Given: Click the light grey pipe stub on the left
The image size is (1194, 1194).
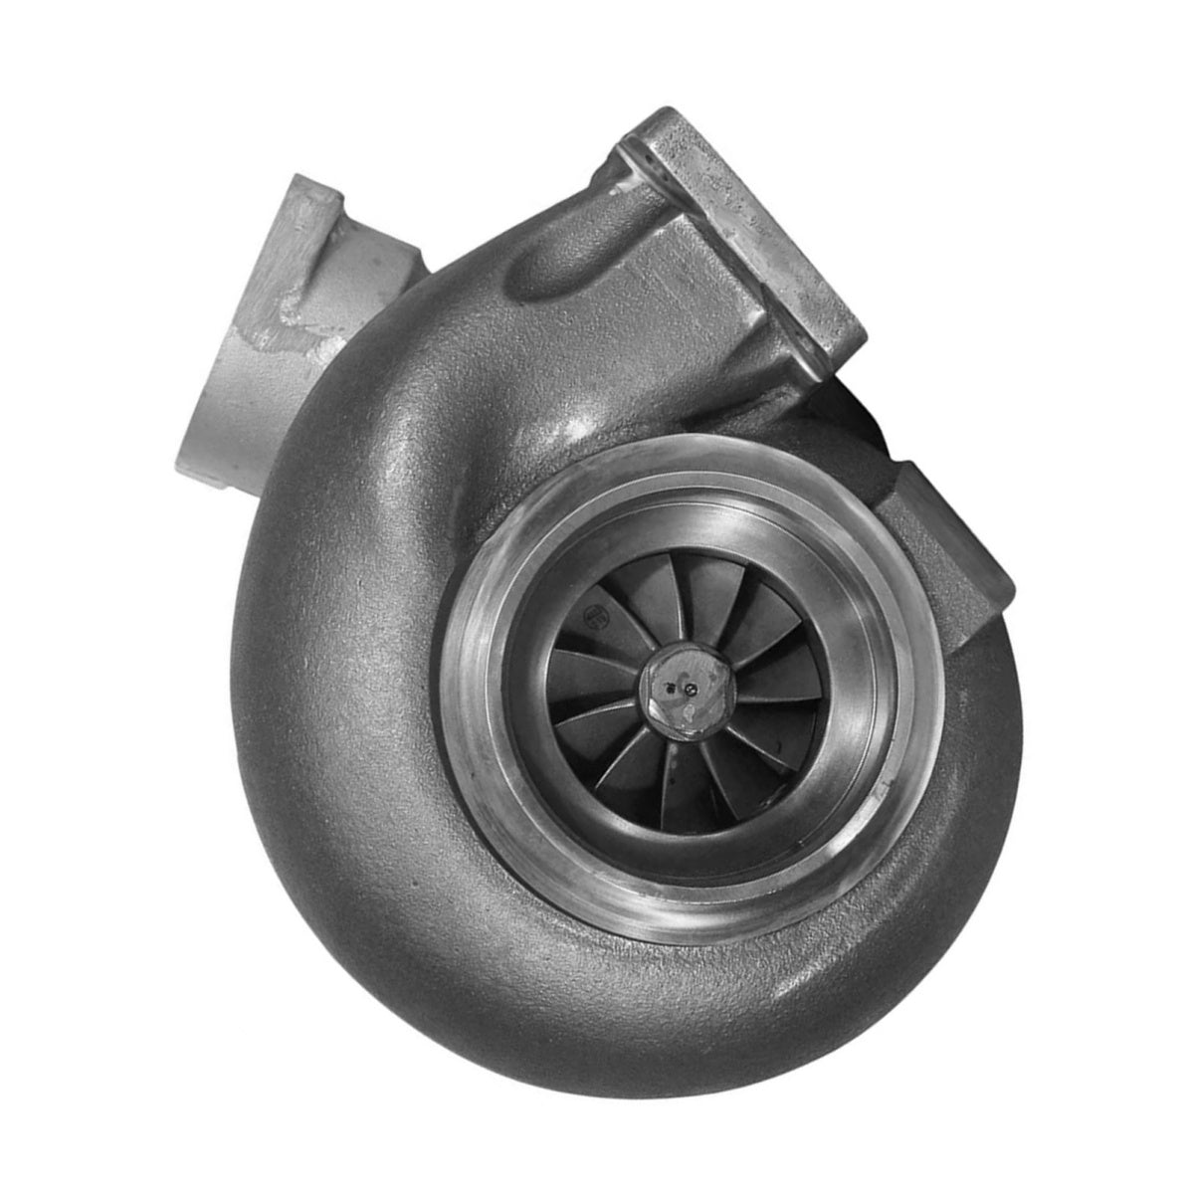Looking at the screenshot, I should pos(289,318).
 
